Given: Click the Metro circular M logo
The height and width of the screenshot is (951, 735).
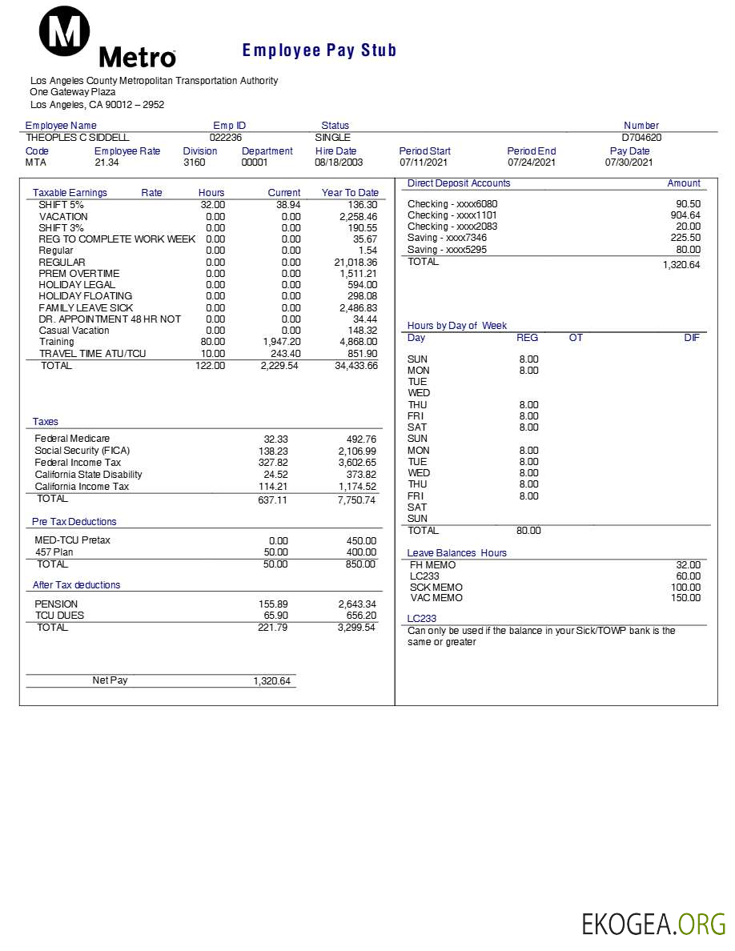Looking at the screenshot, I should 65,31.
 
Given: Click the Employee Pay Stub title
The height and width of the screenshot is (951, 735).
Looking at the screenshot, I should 319,50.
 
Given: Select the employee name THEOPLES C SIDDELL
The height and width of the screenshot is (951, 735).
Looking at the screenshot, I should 77,137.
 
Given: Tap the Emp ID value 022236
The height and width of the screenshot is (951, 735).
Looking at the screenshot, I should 226,137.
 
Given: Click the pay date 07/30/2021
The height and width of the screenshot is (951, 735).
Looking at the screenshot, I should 629,163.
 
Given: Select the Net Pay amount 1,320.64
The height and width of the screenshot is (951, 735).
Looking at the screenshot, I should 272,681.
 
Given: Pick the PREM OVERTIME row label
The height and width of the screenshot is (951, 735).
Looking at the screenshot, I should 79,274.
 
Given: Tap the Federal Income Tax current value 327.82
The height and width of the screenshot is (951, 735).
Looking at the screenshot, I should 274,463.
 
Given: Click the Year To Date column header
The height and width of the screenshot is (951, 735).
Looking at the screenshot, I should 350,193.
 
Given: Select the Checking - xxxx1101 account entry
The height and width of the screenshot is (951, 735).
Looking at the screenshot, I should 452,215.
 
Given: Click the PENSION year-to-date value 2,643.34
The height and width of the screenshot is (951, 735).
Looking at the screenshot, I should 356,604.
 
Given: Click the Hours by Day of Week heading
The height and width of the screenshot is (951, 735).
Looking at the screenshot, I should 457,326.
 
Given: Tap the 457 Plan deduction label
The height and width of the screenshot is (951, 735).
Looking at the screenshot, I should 54,552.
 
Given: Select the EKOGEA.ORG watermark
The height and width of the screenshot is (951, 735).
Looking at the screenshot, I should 653,925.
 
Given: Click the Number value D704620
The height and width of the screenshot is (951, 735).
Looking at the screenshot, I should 641,137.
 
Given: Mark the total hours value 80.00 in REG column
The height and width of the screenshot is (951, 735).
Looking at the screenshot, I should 528,531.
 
